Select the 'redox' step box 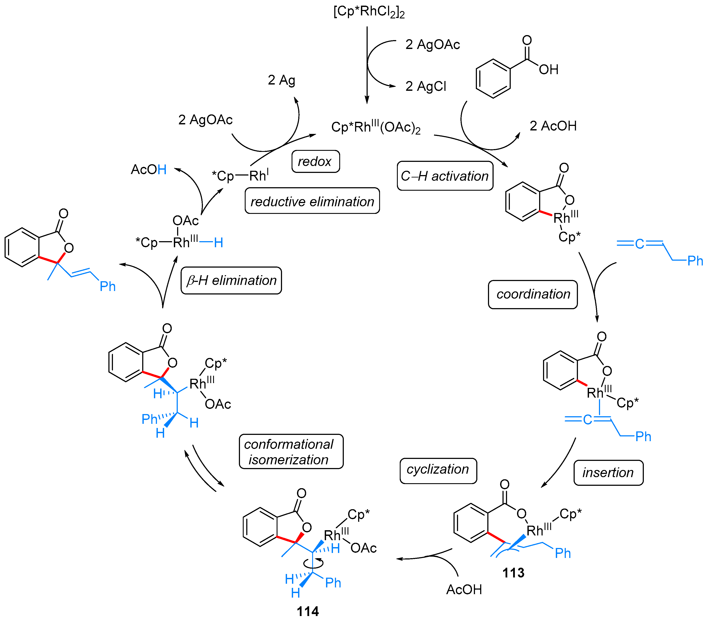click(x=315, y=161)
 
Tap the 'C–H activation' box click(x=445, y=176)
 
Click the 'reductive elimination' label click(x=312, y=201)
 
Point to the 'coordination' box click(x=533, y=294)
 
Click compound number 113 click(x=513, y=573)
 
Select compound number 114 click(x=308, y=611)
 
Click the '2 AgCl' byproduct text click(x=426, y=86)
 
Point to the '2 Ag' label click(x=281, y=80)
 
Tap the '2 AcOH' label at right click(x=553, y=126)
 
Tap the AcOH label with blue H click(x=148, y=170)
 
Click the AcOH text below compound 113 click(x=464, y=590)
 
